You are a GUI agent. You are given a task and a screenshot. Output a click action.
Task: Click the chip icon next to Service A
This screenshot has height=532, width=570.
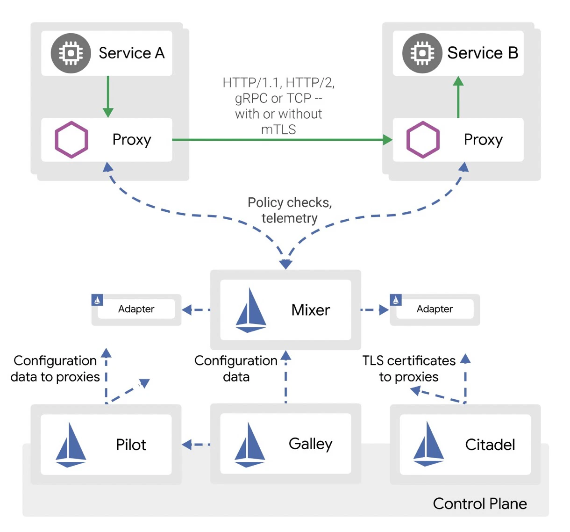point(71,53)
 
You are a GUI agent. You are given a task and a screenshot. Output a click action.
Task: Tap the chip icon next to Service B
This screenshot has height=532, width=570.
point(422,53)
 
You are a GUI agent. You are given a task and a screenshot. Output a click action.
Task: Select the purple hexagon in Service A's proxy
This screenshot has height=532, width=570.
point(71,140)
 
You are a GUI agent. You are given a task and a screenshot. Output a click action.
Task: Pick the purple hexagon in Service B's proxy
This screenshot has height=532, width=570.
point(423,140)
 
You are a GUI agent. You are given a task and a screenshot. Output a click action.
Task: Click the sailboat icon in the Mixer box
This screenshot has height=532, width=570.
point(251,310)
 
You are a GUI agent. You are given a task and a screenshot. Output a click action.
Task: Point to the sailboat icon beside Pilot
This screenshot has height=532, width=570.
point(71,445)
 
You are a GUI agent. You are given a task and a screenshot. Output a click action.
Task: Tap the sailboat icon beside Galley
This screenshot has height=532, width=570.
point(249,445)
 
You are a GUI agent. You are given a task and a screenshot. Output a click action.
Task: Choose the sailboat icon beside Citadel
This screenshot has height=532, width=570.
point(428,444)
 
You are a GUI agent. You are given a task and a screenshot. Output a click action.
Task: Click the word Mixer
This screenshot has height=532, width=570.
point(311,310)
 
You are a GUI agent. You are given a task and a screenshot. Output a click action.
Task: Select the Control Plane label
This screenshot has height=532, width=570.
point(480,503)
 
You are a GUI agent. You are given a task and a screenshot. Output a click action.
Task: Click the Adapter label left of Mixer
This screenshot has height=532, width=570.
point(136,309)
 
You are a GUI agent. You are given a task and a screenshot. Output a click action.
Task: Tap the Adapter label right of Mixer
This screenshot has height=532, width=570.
point(435,309)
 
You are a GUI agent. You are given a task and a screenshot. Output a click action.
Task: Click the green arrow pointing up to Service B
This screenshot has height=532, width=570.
point(458,97)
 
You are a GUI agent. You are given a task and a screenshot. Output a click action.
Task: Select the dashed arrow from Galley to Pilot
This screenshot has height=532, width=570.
point(196,445)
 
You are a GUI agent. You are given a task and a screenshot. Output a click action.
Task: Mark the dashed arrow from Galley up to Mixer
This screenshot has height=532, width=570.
point(286,377)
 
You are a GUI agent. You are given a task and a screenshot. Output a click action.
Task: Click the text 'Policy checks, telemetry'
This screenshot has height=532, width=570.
point(290,210)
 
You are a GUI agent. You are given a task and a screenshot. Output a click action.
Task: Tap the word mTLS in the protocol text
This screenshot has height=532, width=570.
point(278,129)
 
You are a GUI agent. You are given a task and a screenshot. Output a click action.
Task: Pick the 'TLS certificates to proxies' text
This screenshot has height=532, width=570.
point(409,368)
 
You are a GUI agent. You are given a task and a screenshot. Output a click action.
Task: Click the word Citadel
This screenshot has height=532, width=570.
point(490,445)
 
